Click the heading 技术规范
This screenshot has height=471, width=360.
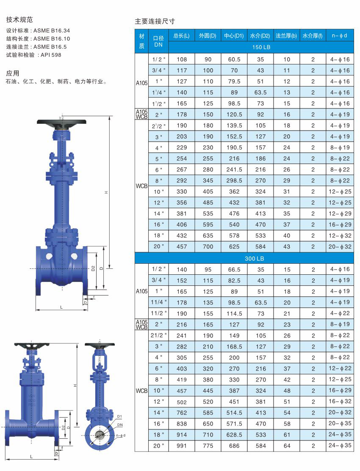(x=19, y=20)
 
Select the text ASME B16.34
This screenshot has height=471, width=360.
(x=52, y=31)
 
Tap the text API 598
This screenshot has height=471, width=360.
(x=51, y=55)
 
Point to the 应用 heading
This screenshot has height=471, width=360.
(x=13, y=73)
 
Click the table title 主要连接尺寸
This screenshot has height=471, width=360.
(x=155, y=21)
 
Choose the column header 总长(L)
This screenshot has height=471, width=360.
(x=182, y=36)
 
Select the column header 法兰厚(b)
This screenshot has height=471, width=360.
(x=286, y=36)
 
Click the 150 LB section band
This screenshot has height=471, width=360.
(x=261, y=47)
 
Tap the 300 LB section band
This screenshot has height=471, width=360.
(x=255, y=258)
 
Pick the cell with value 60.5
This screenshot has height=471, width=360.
(x=234, y=59)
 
